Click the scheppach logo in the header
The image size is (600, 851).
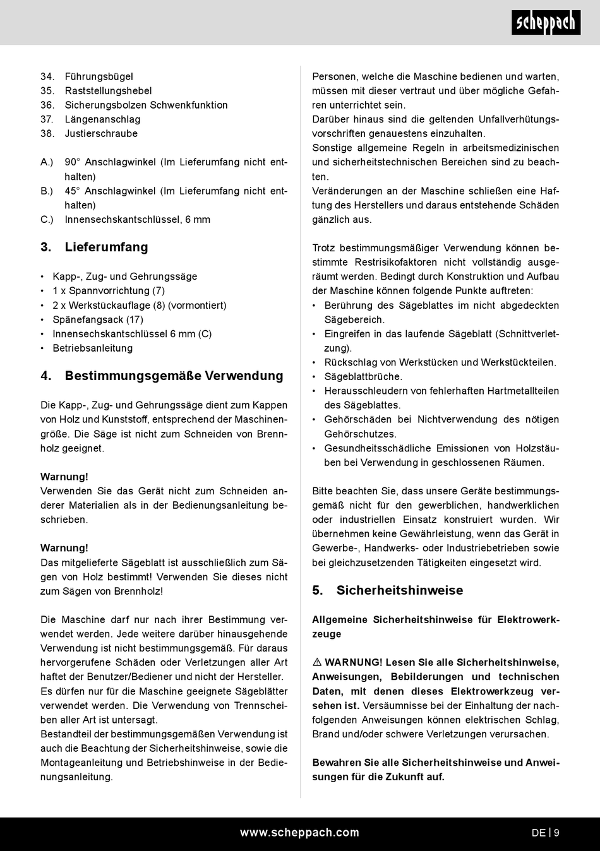point(546,23)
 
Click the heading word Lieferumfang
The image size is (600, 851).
point(106,247)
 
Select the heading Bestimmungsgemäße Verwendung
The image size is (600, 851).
point(174,376)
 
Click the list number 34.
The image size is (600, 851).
point(47,76)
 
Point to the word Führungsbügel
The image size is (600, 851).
point(99,76)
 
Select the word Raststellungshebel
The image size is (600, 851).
point(108,91)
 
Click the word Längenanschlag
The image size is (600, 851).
point(102,119)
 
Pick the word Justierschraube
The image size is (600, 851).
point(101,134)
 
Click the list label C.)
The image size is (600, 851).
point(47,220)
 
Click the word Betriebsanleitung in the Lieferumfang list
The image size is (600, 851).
point(93,348)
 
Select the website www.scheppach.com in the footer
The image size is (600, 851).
point(299,833)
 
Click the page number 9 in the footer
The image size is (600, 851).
point(556,833)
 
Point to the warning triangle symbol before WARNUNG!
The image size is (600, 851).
point(317,662)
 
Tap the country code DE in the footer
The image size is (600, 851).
point(538,833)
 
